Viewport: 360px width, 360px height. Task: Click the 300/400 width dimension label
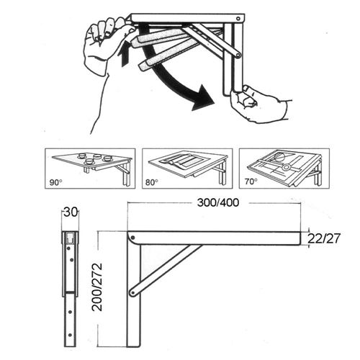point(218,203)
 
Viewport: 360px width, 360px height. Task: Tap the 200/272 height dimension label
point(98,287)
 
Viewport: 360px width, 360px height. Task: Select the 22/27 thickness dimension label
point(324,238)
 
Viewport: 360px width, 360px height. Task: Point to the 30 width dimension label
point(71,212)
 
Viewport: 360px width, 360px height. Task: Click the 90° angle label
point(56,182)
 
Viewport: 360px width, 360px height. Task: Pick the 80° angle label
point(152,182)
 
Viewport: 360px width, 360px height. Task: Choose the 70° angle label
point(251,181)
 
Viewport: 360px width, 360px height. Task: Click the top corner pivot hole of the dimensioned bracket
point(133,238)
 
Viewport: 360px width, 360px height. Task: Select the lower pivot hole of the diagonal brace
point(132,293)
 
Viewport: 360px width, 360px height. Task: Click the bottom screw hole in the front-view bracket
point(70,335)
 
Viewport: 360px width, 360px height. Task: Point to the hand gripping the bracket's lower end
point(259,103)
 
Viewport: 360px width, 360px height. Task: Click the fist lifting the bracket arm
point(108,43)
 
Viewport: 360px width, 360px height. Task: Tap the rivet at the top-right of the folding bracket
point(238,19)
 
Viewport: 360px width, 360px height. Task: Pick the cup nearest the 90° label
point(90,161)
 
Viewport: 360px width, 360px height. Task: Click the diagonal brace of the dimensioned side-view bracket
point(166,269)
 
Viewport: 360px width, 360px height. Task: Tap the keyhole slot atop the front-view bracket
point(71,237)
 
